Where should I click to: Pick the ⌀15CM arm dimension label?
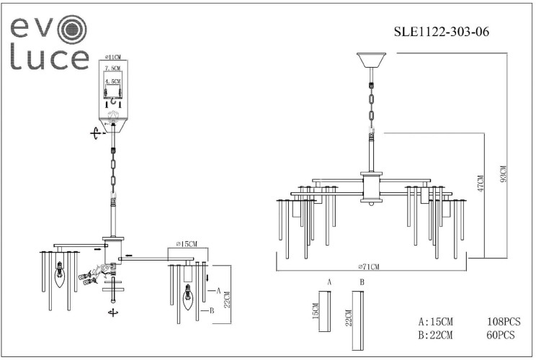pyautogui.click(x=187, y=243)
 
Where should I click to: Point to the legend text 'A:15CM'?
pyautogui.click(x=435, y=323)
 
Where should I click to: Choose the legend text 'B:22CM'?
pyautogui.click(x=435, y=336)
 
